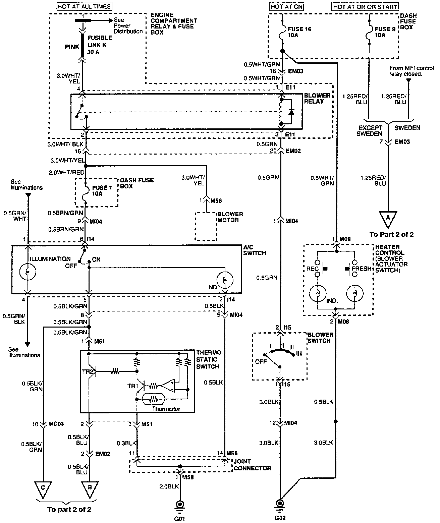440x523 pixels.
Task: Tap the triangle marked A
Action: (x=388, y=218)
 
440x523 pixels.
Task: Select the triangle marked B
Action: (x=90, y=489)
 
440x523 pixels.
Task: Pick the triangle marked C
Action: (x=43, y=489)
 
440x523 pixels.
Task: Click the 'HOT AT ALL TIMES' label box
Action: (x=84, y=6)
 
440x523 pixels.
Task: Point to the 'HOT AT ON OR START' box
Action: (x=365, y=6)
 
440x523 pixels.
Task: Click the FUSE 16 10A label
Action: (x=299, y=32)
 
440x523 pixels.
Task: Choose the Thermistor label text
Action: (x=166, y=409)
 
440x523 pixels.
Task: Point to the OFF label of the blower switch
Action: (x=261, y=362)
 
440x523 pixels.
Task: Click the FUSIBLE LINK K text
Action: (x=100, y=41)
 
